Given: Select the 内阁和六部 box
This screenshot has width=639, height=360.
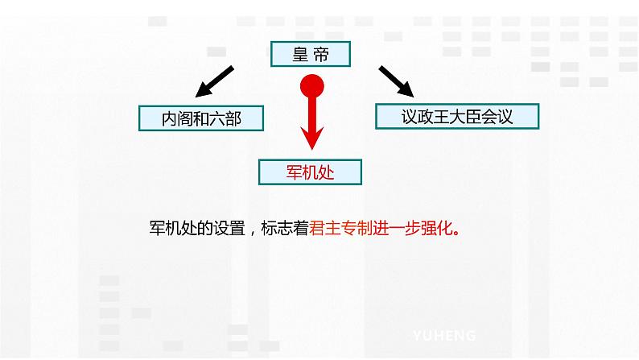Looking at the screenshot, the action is (x=201, y=118).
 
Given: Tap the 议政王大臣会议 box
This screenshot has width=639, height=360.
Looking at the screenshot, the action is (x=456, y=116).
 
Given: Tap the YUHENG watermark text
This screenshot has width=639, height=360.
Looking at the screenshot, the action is (x=444, y=335).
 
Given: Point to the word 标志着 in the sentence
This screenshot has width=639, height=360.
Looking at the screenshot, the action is (x=285, y=228).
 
